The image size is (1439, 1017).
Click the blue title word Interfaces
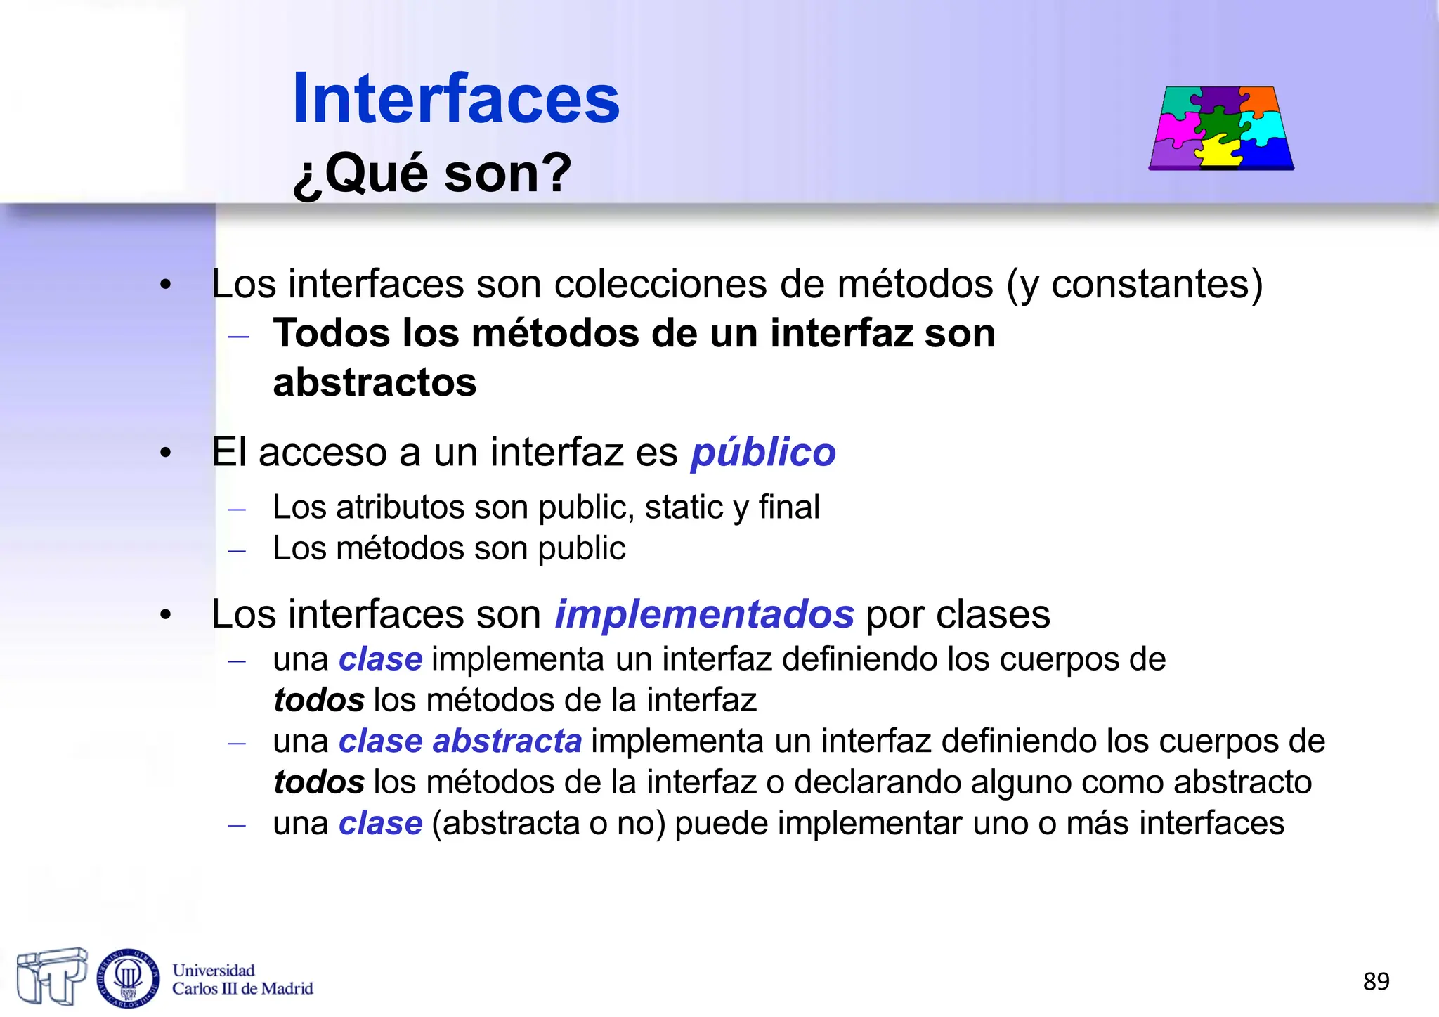click(455, 99)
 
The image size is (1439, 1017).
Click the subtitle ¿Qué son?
click(432, 173)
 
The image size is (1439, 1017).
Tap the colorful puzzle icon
click(1221, 129)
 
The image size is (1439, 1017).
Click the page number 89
click(1376, 981)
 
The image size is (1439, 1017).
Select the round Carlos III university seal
click(128, 978)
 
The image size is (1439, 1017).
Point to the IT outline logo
click(51, 976)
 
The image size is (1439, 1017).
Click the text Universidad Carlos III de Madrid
click(242, 980)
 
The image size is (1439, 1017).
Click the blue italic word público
click(763, 452)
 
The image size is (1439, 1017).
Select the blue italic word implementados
click(704, 614)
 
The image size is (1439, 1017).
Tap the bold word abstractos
click(375, 383)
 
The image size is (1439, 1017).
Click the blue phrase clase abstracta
click(460, 741)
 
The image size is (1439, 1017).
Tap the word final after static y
click(789, 507)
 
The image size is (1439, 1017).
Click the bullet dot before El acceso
click(165, 453)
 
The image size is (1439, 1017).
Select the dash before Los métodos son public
click(237, 550)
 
